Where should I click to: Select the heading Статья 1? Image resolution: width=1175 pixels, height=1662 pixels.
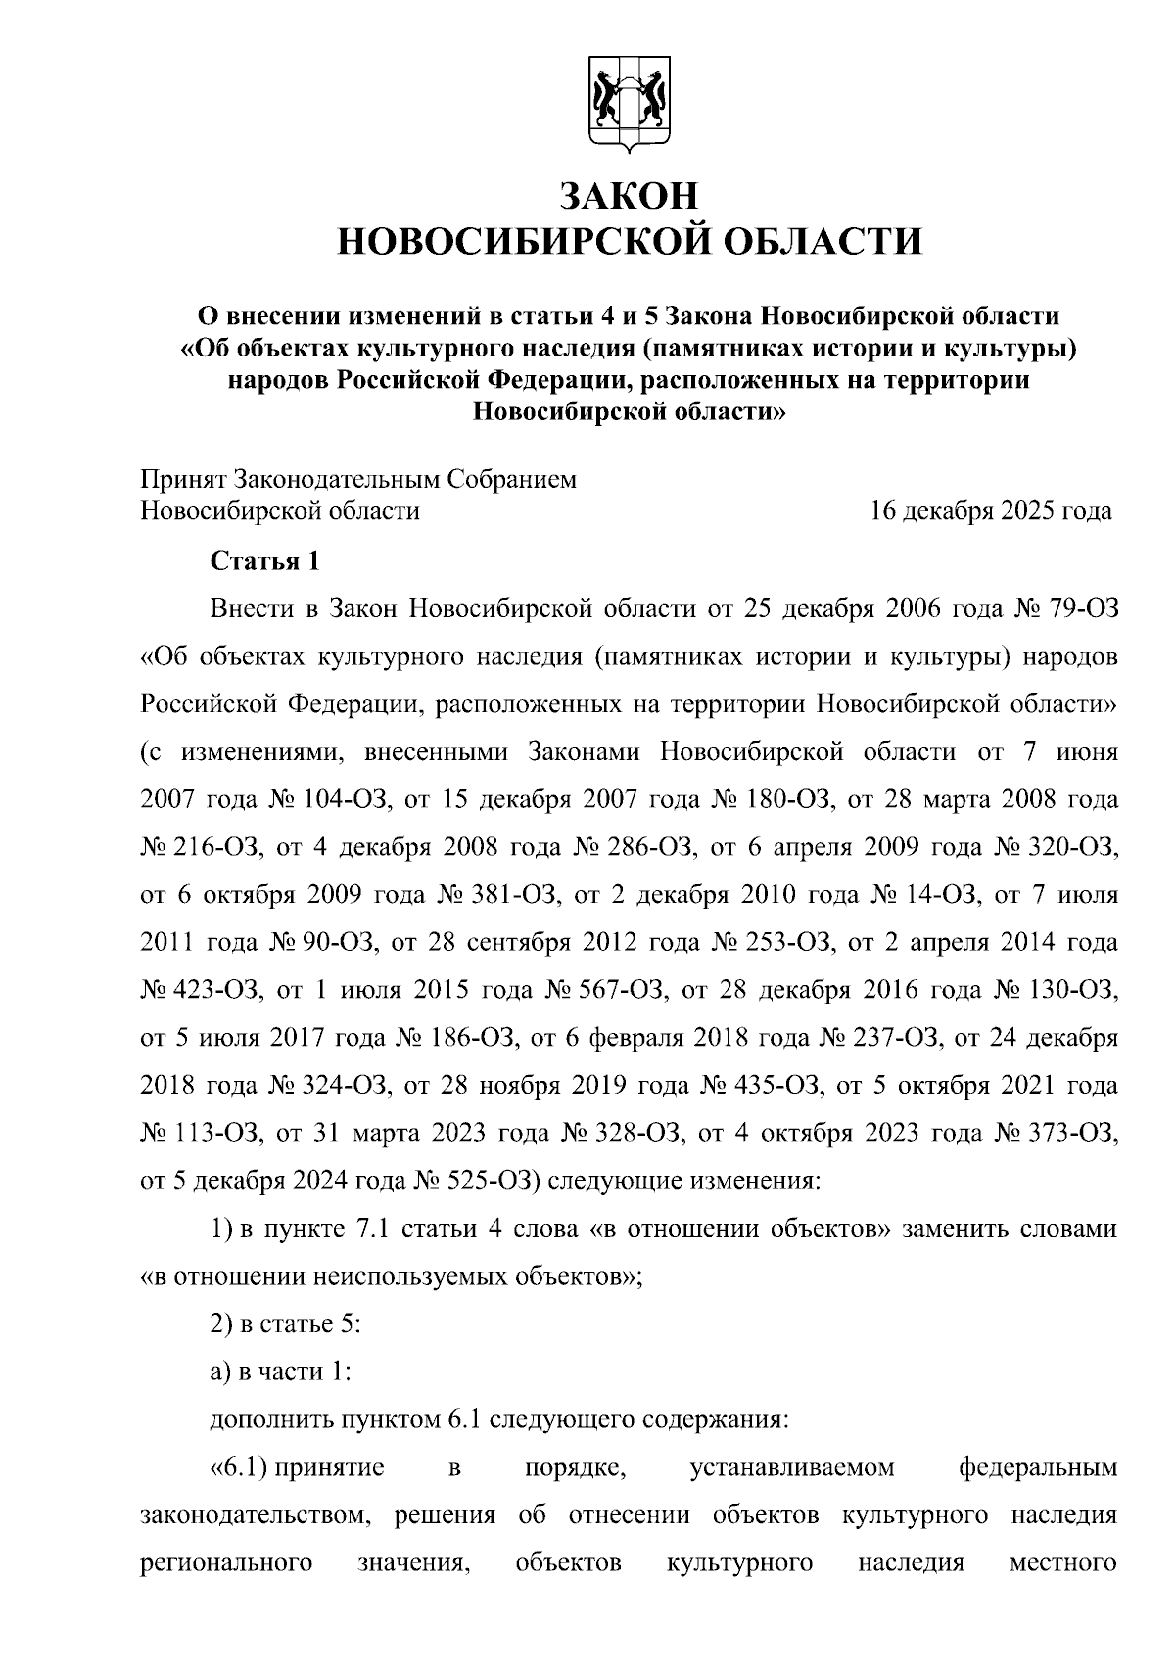[265, 562]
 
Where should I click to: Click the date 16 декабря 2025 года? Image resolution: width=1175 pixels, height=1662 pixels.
[992, 511]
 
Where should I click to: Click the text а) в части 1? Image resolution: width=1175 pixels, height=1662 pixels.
[281, 1372]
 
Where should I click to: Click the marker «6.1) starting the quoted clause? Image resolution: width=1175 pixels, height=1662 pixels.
[238, 1468]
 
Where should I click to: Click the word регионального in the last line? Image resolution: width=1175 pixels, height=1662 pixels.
[226, 1564]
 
